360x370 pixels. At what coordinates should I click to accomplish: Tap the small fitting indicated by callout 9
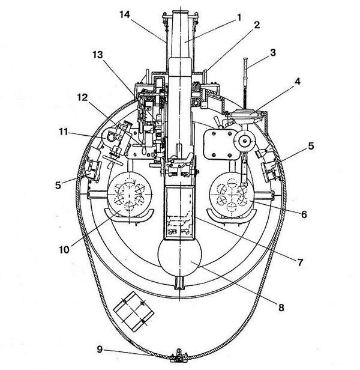click(178, 359)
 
